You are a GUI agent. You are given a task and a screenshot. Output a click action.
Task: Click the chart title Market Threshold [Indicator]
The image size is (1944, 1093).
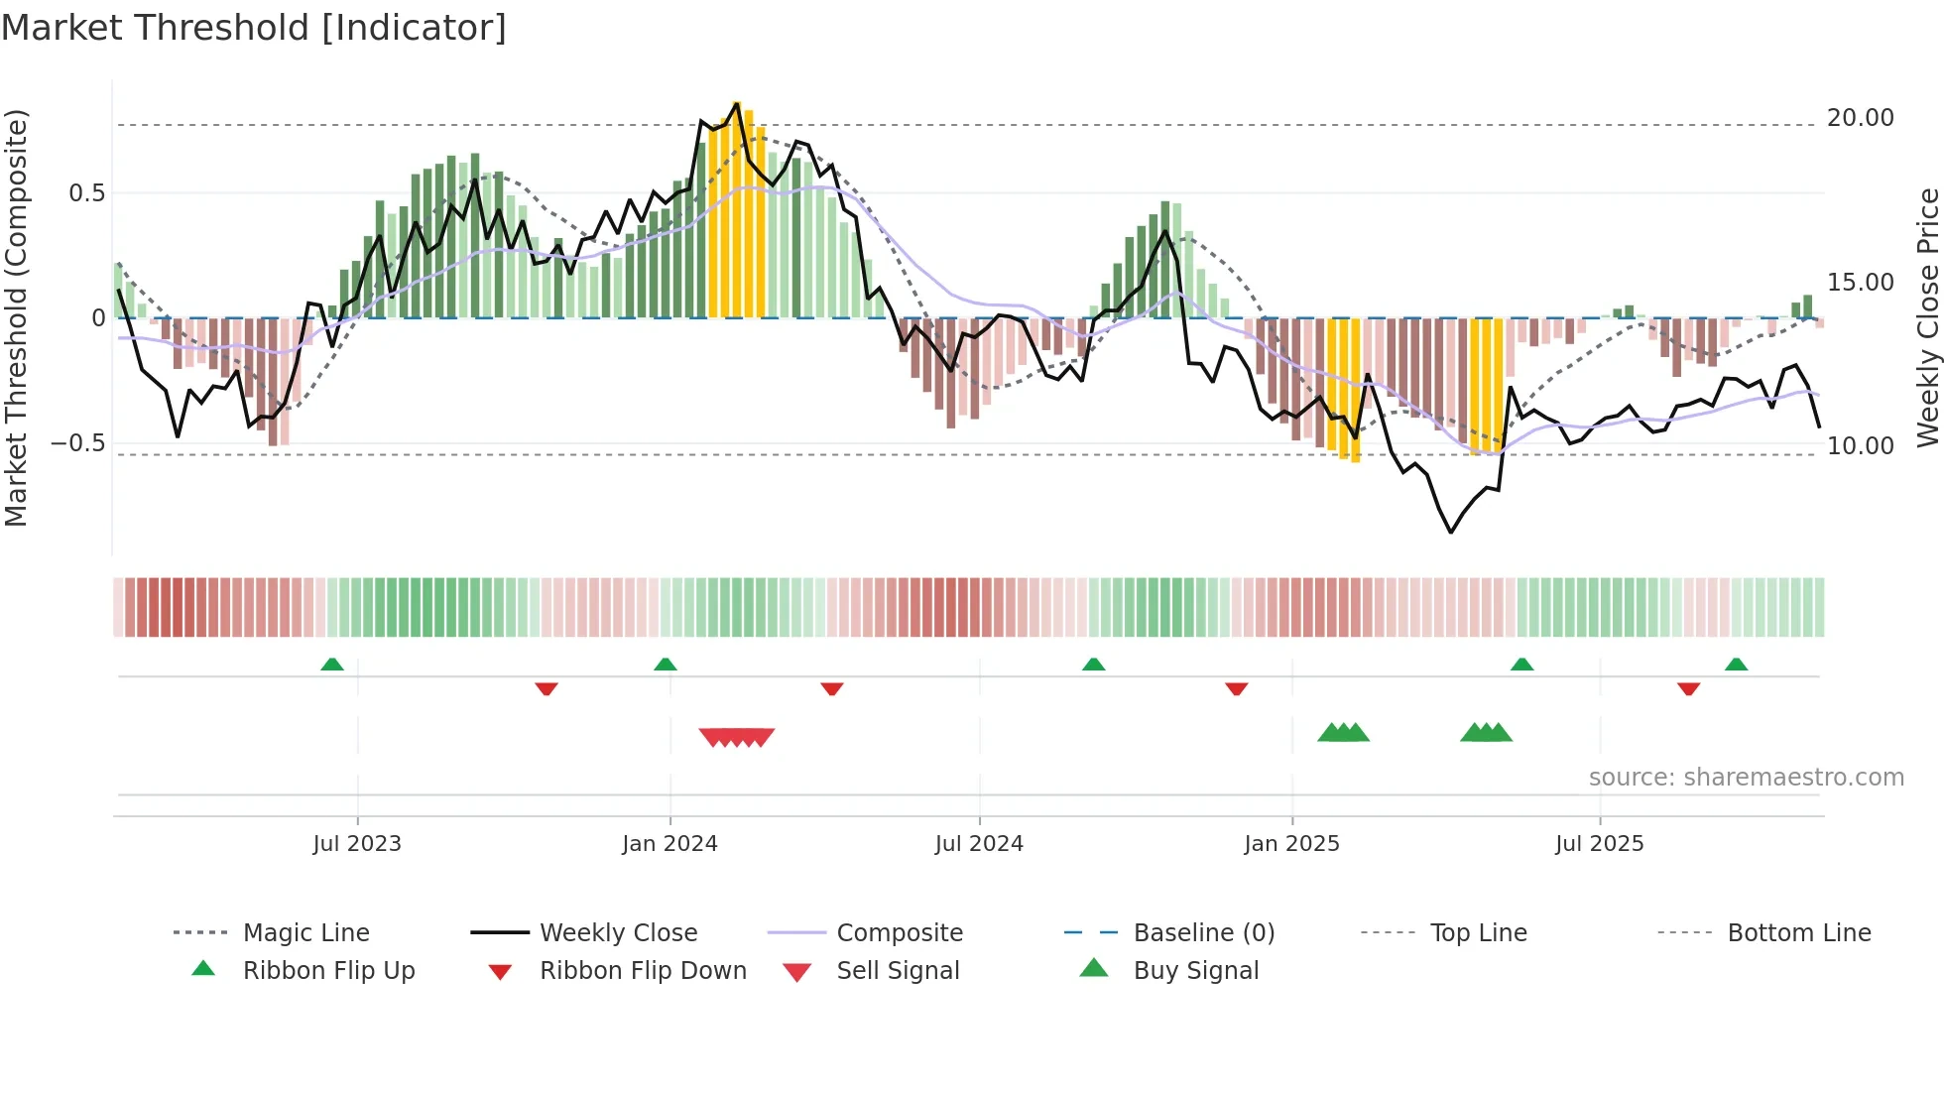tap(254, 28)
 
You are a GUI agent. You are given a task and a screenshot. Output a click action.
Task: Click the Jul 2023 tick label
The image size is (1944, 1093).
tap(357, 844)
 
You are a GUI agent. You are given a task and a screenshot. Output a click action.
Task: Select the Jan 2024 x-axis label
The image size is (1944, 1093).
tap(669, 844)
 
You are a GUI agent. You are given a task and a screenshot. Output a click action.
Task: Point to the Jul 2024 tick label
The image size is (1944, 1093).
tap(979, 844)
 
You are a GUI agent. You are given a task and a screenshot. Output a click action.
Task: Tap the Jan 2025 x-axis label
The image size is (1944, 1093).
tap(1291, 844)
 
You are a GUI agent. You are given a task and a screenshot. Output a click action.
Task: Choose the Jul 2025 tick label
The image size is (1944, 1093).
tap(1599, 844)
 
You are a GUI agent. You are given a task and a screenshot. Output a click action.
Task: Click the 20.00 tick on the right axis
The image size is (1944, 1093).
tap(1860, 118)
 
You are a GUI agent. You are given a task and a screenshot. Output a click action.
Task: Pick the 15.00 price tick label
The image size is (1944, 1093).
tap(1860, 283)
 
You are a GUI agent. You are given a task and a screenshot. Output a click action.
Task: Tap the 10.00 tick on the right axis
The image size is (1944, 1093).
tap(1860, 446)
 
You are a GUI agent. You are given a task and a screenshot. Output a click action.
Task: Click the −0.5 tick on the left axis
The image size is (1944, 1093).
tap(77, 443)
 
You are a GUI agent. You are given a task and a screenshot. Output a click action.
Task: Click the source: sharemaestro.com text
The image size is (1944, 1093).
tap(1746, 778)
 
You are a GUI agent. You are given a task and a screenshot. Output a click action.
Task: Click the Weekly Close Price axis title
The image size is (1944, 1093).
tap(1927, 317)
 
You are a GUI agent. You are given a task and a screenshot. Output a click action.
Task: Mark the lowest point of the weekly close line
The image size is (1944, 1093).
tap(1451, 533)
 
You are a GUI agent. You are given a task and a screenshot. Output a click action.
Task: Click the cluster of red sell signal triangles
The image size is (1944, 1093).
tap(736, 737)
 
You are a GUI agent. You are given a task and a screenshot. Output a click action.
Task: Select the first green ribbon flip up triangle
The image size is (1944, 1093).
tap(332, 665)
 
